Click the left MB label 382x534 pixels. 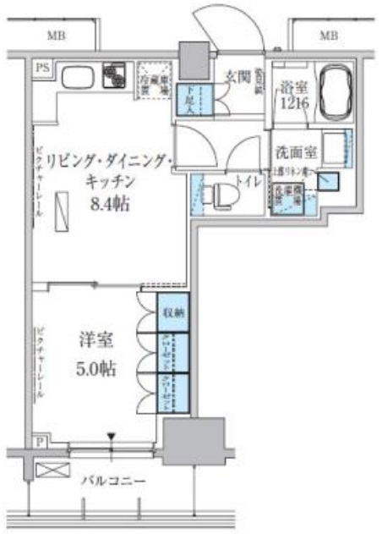click(x=57, y=35)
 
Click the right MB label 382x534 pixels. click(x=329, y=35)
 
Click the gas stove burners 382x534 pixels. click(x=113, y=75)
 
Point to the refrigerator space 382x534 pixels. click(x=153, y=78)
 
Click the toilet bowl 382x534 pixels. click(x=222, y=195)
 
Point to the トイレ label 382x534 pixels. click(x=248, y=179)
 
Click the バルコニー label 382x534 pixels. click(x=113, y=482)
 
